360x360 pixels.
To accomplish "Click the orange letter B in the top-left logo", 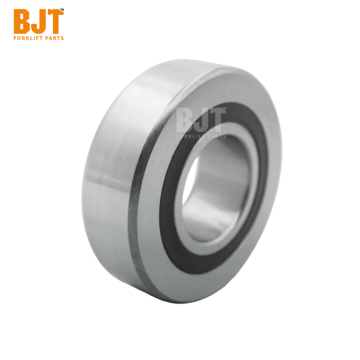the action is (22, 21).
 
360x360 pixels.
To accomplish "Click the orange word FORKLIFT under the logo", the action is (28, 38).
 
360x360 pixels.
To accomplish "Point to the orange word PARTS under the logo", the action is (55, 38).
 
